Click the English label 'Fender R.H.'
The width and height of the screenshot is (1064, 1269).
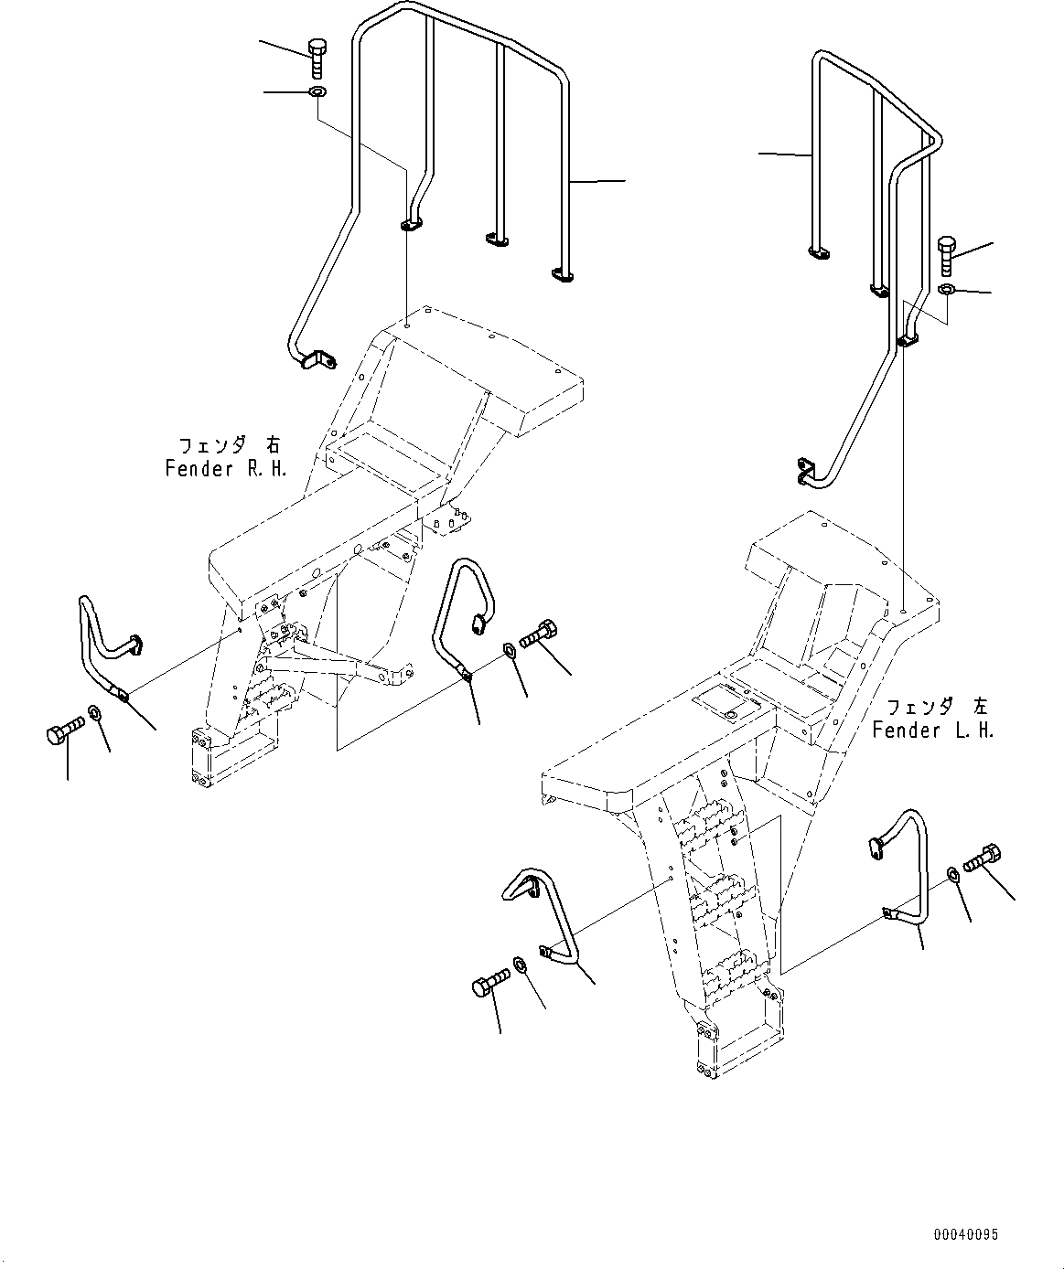226,469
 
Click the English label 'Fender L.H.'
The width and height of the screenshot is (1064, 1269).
932,730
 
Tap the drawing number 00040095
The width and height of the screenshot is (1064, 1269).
966,1235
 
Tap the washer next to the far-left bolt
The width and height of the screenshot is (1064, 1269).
95,712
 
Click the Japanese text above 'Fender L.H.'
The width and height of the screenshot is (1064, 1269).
936,707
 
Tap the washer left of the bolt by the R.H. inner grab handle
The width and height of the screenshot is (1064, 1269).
509,651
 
